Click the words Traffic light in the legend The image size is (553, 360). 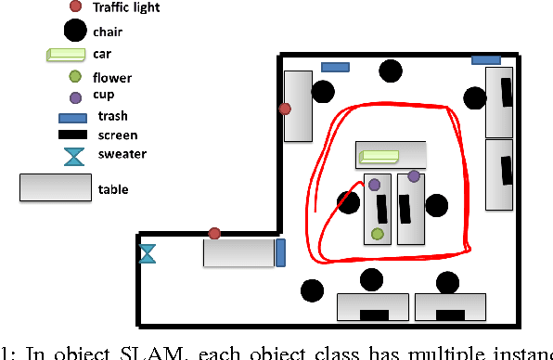(x=125, y=8)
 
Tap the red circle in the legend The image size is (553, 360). (x=74, y=8)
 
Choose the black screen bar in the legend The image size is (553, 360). (x=74, y=136)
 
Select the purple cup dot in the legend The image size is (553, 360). (x=74, y=96)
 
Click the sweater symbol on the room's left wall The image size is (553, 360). (x=147, y=252)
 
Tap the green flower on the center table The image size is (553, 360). (x=378, y=234)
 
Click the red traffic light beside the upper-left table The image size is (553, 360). (x=286, y=109)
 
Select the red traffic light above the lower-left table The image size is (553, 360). (x=214, y=233)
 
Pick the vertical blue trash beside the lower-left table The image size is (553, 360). (x=280, y=252)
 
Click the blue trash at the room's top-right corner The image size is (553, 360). (x=485, y=60)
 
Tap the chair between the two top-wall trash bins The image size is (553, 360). (x=391, y=70)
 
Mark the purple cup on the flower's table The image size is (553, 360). (x=374, y=186)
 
